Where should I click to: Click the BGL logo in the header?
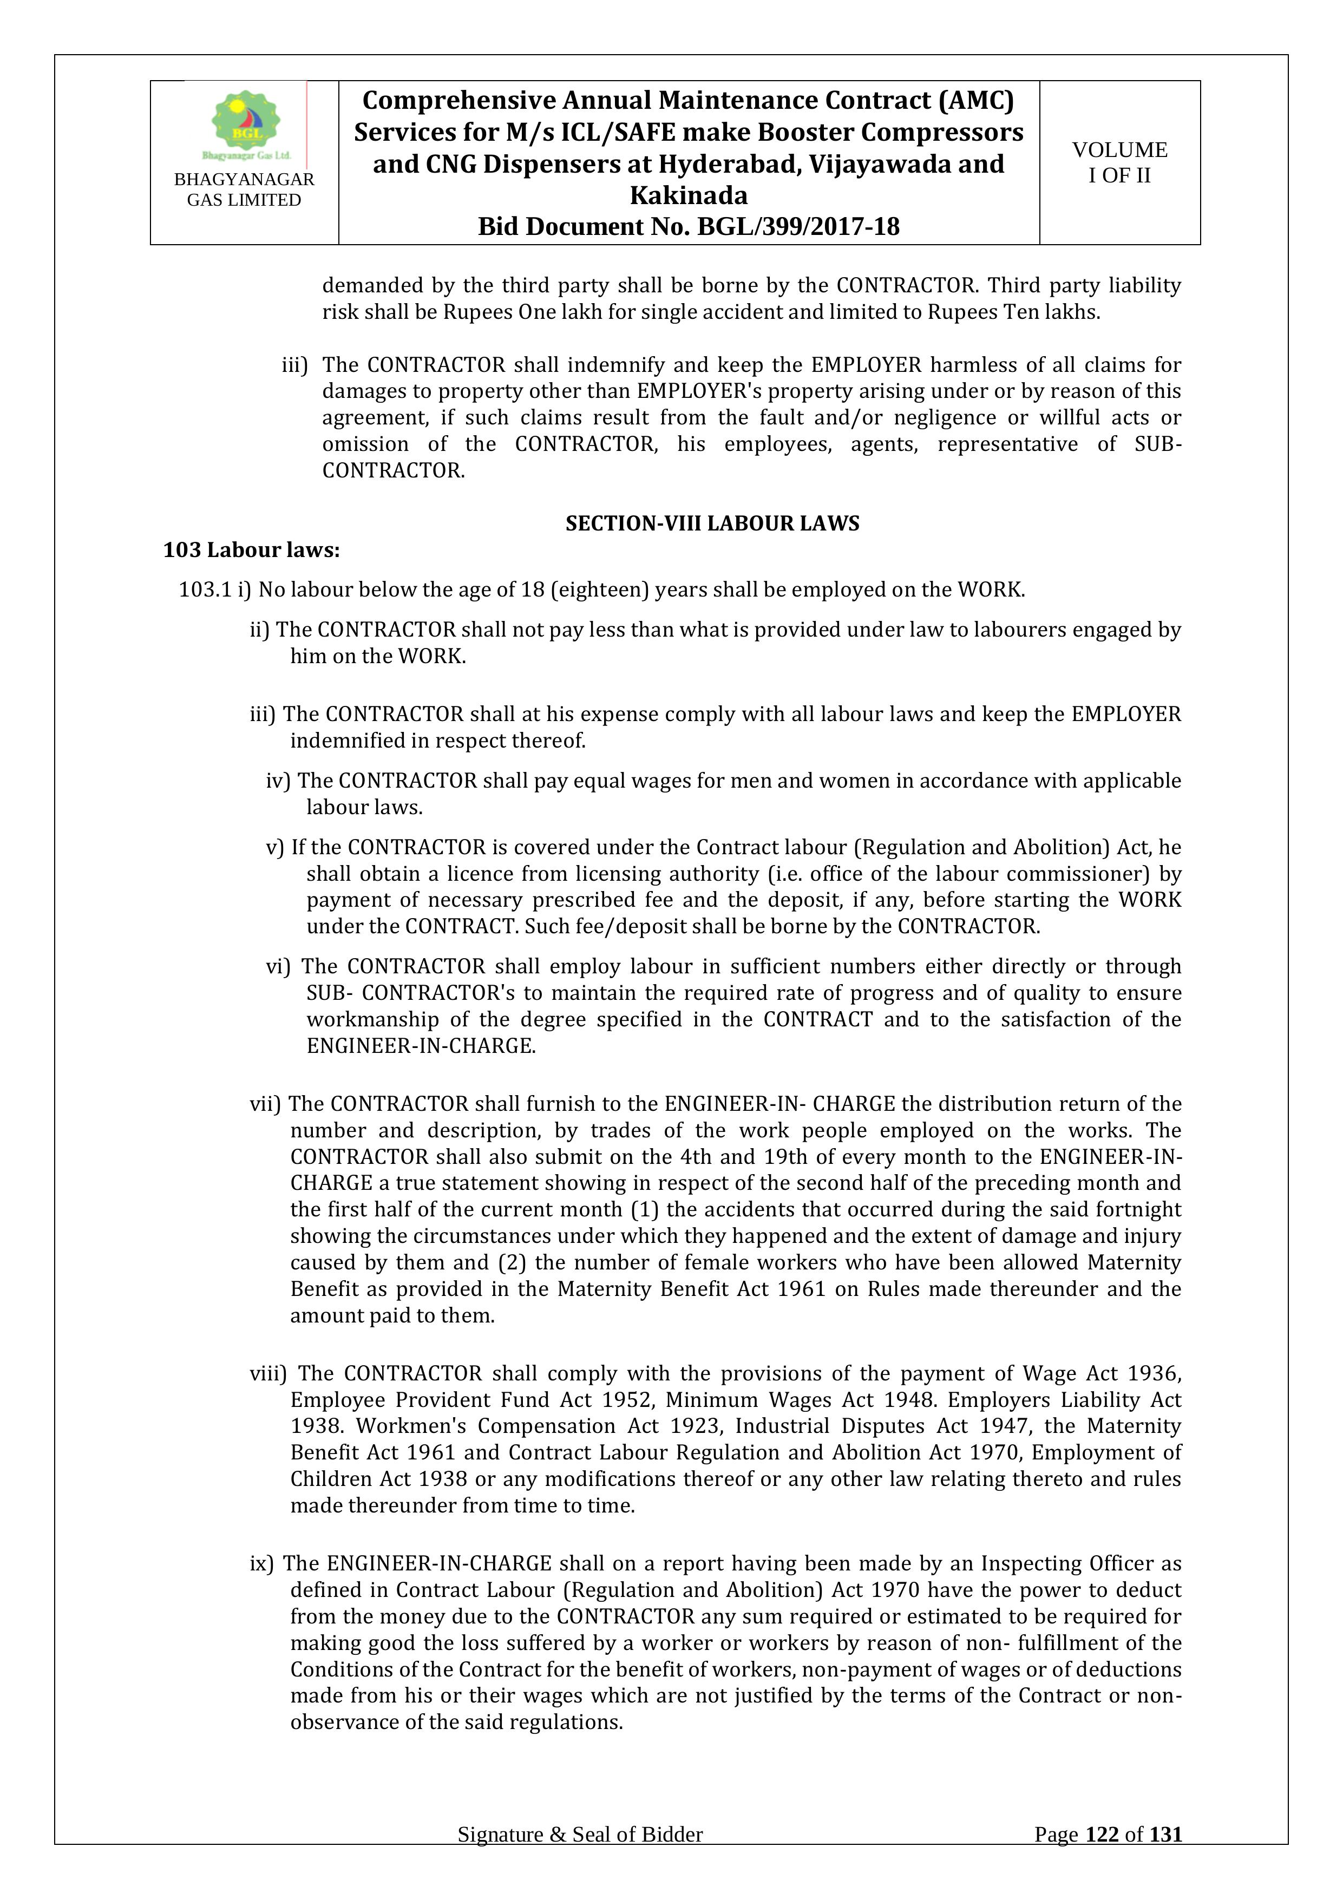245,124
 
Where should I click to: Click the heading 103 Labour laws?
251,550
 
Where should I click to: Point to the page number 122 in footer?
1102,1858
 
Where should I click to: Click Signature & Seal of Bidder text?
580,1858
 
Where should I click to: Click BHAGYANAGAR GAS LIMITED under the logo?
244,189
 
